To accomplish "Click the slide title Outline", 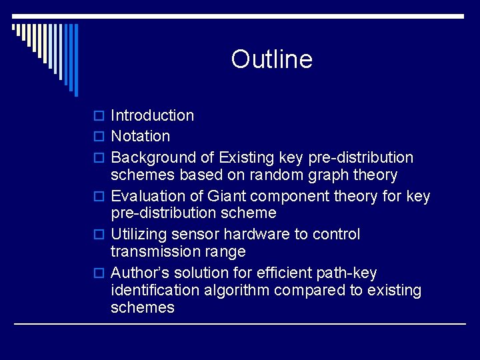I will [x=271, y=59].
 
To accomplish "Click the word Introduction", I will [x=152, y=115].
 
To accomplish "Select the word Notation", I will [x=140, y=136].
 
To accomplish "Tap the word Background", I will [x=148, y=157].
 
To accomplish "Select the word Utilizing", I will [x=138, y=235].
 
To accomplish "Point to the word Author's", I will [x=139, y=273].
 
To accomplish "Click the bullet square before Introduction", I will [x=99, y=116].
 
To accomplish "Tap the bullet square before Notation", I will [x=99, y=137].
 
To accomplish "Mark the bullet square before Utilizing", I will [x=99, y=235].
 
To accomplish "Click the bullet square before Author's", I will [x=99, y=274].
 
